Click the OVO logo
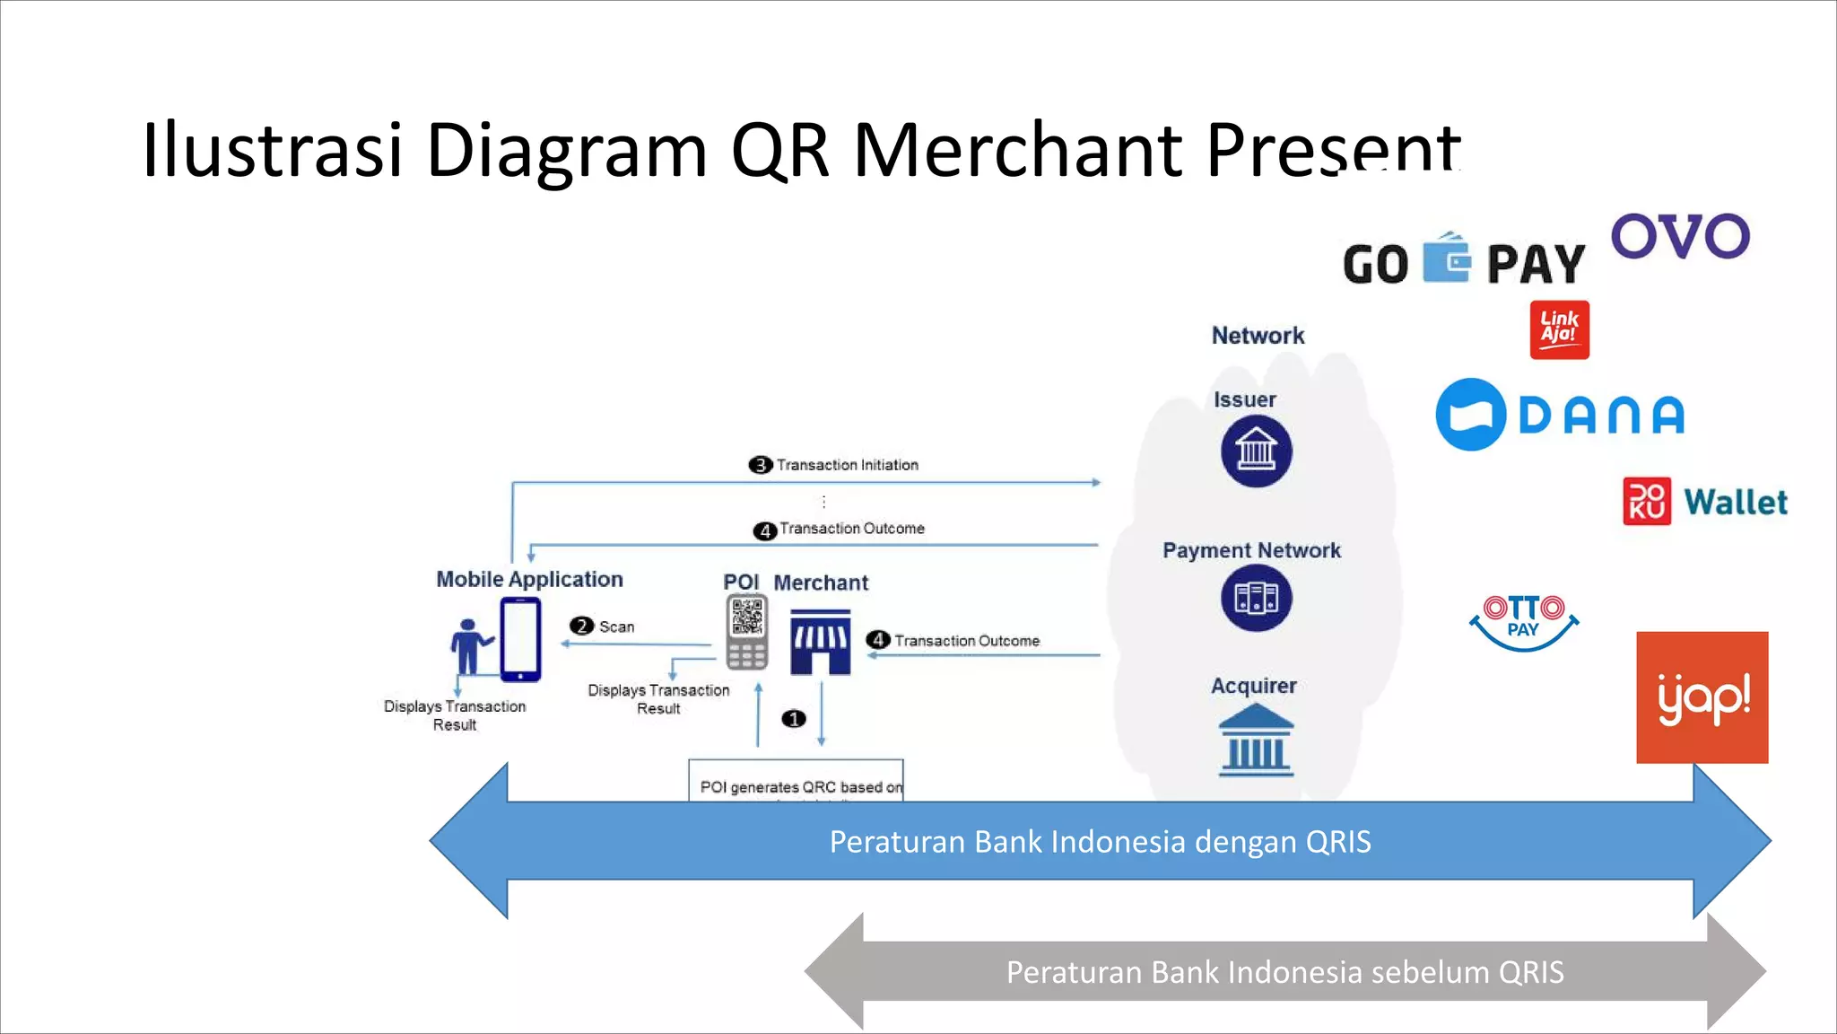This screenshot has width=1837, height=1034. coord(1680,236)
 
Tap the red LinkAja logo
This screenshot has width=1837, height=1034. coord(1559,329)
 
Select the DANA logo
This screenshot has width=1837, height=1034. coord(1560,415)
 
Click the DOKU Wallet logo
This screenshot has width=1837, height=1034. coord(1705,501)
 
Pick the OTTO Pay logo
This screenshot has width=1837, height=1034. coord(1523,621)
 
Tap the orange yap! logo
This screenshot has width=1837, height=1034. coord(1702,697)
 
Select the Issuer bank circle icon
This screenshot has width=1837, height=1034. coord(1256,451)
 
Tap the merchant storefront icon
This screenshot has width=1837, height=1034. coord(820,642)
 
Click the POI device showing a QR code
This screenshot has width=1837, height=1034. coord(746,632)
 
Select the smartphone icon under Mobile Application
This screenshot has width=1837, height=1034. coord(520,639)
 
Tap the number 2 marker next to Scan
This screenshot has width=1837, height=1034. coord(581,626)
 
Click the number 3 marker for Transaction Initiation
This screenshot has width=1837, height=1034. coord(760,465)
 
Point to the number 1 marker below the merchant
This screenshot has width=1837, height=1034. coord(794,719)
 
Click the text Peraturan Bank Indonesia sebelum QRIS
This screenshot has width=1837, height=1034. coord(1284,972)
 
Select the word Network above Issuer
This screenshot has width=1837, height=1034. coord(1258,336)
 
